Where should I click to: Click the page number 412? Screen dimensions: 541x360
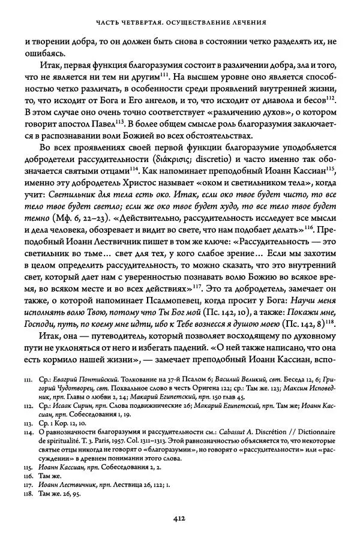[x=179, y=519]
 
